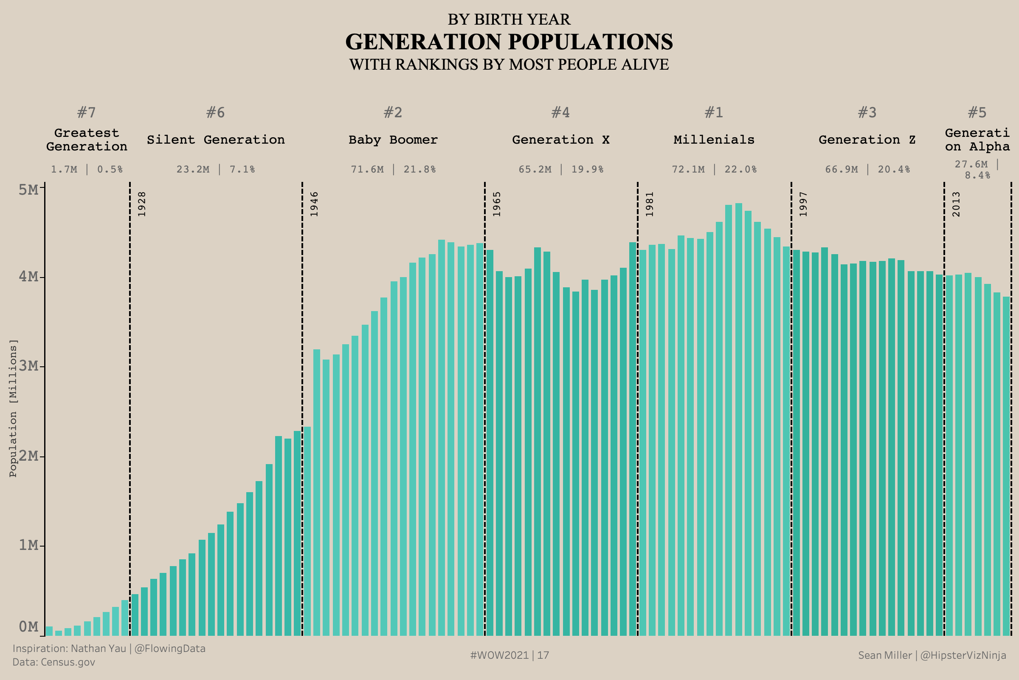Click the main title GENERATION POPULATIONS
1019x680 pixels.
pyautogui.click(x=509, y=42)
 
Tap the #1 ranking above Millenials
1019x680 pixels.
pyautogui.click(x=714, y=113)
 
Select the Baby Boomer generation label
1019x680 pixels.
pyautogui.click(x=393, y=140)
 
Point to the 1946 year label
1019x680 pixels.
pyautogui.click(x=314, y=204)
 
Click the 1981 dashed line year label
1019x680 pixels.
pyautogui.click(x=650, y=204)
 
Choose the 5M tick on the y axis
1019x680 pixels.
pyautogui.click(x=29, y=190)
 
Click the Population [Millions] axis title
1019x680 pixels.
pyautogui.click(x=14, y=408)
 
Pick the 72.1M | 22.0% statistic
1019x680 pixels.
pyautogui.click(x=714, y=169)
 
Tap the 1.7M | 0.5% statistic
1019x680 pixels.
pyautogui.click(x=87, y=169)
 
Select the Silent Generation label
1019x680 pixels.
pyautogui.click(x=216, y=140)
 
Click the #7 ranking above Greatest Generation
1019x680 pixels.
pyautogui.click(x=86, y=113)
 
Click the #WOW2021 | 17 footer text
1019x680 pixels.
pyautogui.click(x=509, y=655)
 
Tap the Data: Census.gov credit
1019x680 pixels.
pyautogui.click(x=54, y=662)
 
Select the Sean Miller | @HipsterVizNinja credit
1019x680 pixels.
pyautogui.click(x=932, y=655)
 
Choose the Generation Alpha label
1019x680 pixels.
pyautogui.click(x=977, y=140)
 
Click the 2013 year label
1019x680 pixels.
pyautogui.click(x=956, y=204)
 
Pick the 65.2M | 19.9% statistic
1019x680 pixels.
pyautogui.click(x=560, y=169)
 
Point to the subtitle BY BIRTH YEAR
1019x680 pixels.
pyautogui.click(x=509, y=20)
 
